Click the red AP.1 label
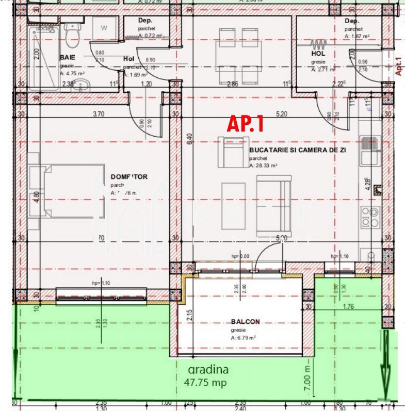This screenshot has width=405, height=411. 246,124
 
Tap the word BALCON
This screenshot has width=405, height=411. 245,322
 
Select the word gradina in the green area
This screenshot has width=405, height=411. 208,370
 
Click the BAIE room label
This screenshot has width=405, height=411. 68,57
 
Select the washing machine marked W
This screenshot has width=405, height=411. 104,29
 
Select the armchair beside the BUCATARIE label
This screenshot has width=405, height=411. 230,152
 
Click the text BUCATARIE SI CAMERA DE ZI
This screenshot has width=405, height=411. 297,150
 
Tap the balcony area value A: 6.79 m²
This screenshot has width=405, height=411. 244,338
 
